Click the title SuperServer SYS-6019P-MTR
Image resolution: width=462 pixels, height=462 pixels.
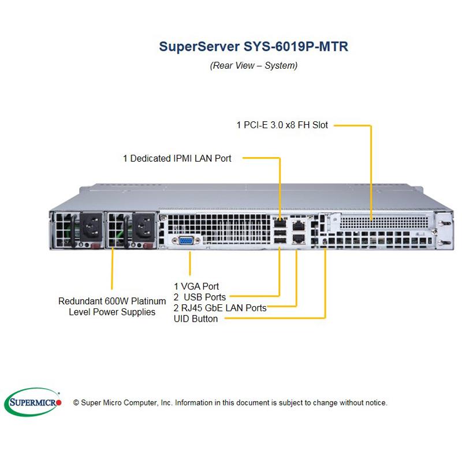[x=254, y=46]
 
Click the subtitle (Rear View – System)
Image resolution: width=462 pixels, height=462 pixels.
[x=254, y=65]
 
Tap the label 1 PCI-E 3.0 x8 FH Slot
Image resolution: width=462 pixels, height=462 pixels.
[x=282, y=124]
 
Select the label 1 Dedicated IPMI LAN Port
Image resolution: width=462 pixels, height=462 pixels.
[x=177, y=158]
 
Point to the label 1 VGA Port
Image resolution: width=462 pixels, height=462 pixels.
[x=196, y=286]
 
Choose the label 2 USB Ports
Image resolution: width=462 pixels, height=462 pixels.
[x=200, y=297]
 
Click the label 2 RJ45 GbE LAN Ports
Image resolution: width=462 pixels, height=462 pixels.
[x=220, y=308]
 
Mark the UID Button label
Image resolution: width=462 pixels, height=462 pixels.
[x=196, y=319]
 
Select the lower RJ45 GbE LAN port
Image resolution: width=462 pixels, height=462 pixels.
[x=299, y=239]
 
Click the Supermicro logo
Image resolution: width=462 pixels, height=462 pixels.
[x=33, y=402]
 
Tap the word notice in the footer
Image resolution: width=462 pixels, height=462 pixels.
[x=375, y=403]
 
